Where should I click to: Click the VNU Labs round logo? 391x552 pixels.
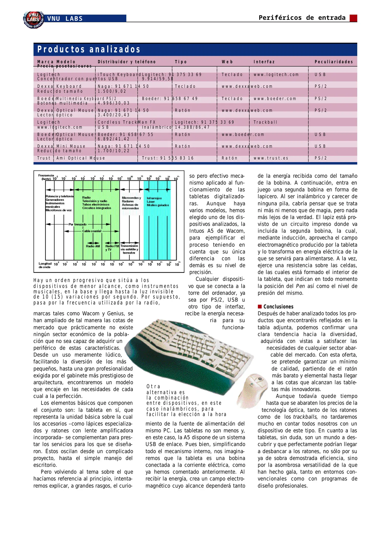coord(33,20)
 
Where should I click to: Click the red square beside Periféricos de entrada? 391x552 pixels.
coord(353,18)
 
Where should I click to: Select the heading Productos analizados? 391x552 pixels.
coord(89,49)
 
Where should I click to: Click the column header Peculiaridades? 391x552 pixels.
coord(333,62)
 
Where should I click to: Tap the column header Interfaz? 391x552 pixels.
coord(264,62)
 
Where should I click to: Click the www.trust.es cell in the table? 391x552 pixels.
coord(271,158)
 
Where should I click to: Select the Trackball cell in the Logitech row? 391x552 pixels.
coord(265,122)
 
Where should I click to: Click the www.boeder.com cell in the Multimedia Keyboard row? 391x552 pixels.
coord(275,99)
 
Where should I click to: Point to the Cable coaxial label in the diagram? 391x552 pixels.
coord(92,231)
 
